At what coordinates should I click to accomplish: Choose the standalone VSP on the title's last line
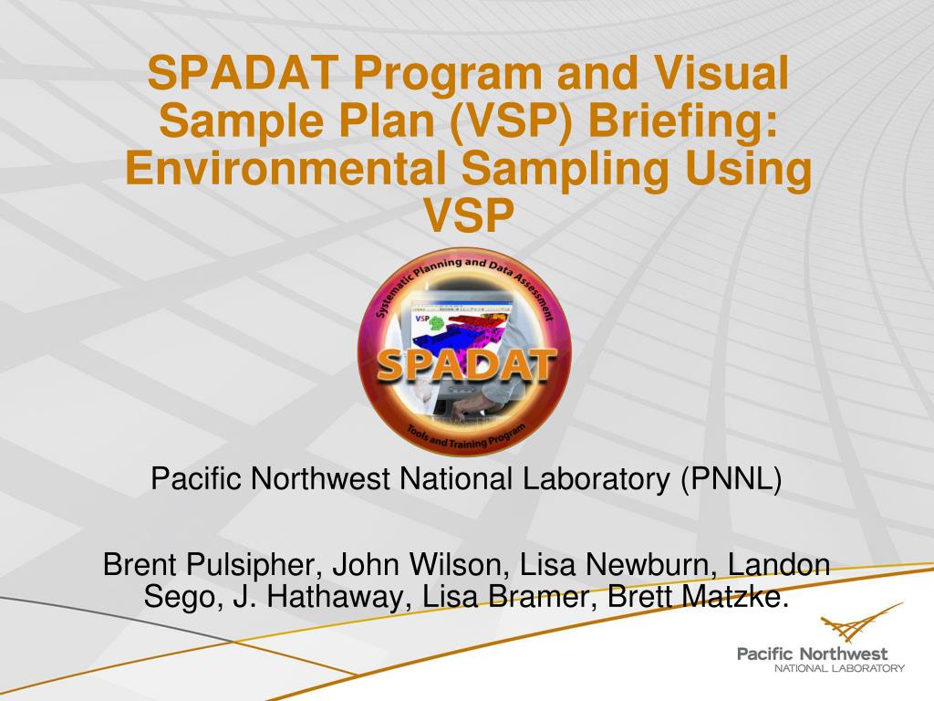468,217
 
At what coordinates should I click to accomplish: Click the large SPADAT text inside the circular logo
466,366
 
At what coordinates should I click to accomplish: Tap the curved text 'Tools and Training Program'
465,439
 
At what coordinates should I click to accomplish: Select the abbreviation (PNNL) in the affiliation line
730,478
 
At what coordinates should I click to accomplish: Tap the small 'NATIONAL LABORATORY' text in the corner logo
839,668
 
